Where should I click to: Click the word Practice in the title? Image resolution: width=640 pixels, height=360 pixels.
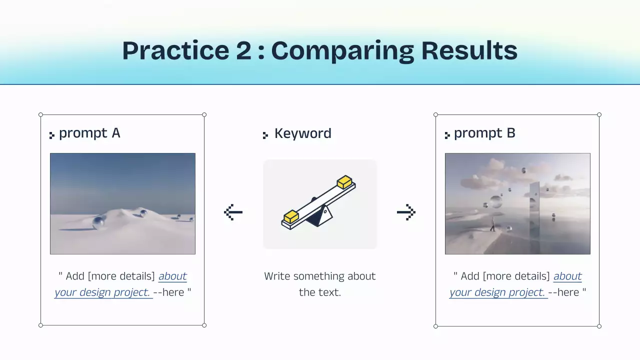(175, 50)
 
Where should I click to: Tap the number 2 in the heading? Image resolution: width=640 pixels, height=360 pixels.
(243, 50)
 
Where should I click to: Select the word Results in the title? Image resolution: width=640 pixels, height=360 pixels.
(469, 50)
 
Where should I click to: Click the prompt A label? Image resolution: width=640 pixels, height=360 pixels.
(89, 133)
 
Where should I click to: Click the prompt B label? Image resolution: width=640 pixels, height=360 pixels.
(484, 133)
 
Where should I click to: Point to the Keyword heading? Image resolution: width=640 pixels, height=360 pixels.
(303, 133)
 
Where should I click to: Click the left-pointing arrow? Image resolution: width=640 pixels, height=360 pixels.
(233, 212)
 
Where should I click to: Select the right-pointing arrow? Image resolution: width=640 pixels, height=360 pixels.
(406, 212)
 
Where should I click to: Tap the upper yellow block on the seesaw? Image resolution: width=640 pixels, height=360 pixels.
(344, 181)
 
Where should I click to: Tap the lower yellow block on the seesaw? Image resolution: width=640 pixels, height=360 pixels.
(291, 216)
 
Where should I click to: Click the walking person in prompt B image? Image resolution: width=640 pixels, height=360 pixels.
(492, 224)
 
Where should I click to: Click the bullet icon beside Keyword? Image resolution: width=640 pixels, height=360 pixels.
(265, 135)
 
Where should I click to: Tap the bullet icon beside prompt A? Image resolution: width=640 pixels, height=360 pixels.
(51, 135)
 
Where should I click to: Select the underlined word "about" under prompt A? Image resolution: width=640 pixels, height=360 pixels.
(172, 276)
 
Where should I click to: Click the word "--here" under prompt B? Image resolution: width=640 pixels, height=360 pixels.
(563, 292)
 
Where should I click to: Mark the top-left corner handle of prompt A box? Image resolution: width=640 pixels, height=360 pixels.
(40, 115)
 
